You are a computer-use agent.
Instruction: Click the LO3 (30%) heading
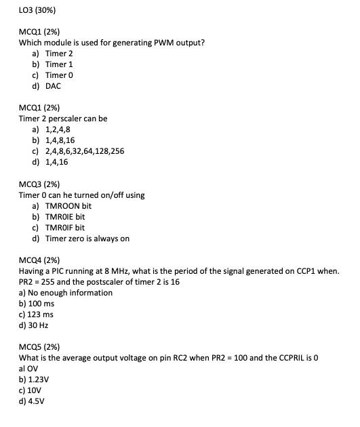(37, 11)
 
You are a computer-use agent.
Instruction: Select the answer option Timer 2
(59, 53)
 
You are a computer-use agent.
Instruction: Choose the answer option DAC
(53, 86)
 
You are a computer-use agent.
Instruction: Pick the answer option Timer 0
(59, 75)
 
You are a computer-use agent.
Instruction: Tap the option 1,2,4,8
(58, 129)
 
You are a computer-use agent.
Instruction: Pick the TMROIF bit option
(65, 228)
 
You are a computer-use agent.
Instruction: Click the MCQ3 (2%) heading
(39, 184)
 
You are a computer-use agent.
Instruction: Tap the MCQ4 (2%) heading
(39, 260)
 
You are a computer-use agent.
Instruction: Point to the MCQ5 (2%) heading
(39, 346)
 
